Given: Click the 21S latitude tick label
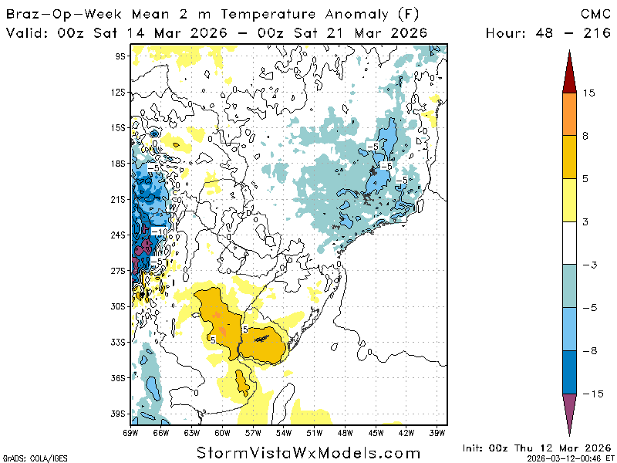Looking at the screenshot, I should [x=119, y=198].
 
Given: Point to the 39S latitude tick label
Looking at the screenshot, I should [x=119, y=414].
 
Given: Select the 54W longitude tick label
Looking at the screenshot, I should [x=283, y=434].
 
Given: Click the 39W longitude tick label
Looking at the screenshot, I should [x=437, y=434].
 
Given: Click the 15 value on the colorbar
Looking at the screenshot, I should [x=588, y=93].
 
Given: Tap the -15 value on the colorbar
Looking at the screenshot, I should [x=591, y=394].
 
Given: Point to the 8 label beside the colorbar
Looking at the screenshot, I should [x=585, y=136].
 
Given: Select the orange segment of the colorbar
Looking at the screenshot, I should [x=569, y=114].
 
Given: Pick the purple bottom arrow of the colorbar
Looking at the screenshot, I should [x=569, y=409].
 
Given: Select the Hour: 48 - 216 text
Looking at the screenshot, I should [x=549, y=32].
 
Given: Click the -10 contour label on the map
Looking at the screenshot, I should [x=160, y=231].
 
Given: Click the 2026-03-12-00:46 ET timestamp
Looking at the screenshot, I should [x=568, y=458].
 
